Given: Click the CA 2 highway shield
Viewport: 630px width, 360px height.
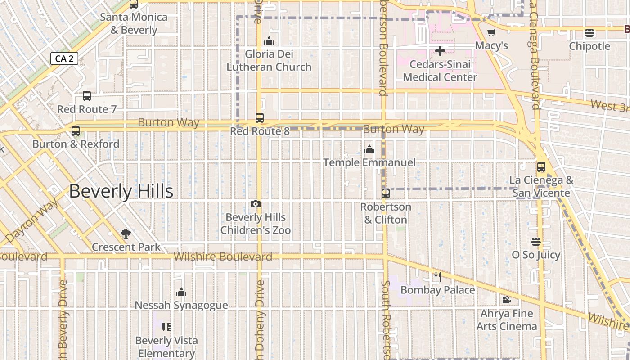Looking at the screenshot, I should pyautogui.click(x=64, y=58).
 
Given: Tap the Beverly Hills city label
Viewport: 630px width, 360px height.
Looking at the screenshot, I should pyautogui.click(x=121, y=191).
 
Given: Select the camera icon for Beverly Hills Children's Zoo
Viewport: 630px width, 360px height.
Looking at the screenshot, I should pyautogui.click(x=256, y=204).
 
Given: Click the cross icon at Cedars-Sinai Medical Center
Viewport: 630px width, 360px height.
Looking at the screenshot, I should pyautogui.click(x=440, y=51).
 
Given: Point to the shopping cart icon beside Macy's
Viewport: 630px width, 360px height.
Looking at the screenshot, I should pyautogui.click(x=491, y=33).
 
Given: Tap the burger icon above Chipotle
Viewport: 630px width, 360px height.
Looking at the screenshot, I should pyautogui.click(x=589, y=33).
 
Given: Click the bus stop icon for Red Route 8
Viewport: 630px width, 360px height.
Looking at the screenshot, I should pyautogui.click(x=260, y=118).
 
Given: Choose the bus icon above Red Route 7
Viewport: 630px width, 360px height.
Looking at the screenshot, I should pyautogui.click(x=87, y=96).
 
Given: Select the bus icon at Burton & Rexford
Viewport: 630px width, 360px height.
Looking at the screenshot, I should pyautogui.click(x=76, y=131).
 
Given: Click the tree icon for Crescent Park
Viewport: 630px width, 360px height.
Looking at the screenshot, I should pyautogui.click(x=126, y=234).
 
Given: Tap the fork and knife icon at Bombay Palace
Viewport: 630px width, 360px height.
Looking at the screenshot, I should pyautogui.click(x=438, y=277).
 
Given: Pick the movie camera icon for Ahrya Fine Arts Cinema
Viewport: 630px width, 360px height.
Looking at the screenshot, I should pyautogui.click(x=507, y=300).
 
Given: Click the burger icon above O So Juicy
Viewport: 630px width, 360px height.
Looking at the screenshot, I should pyautogui.click(x=535, y=242).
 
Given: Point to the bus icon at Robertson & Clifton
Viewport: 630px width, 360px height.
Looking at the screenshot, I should pyautogui.click(x=386, y=193).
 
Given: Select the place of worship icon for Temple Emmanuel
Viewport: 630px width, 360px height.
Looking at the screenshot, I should pyautogui.click(x=369, y=149).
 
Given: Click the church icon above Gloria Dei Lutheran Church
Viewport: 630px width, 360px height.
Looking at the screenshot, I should pyautogui.click(x=269, y=41).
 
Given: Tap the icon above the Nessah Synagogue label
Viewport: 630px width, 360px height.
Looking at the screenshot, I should pyautogui.click(x=181, y=292).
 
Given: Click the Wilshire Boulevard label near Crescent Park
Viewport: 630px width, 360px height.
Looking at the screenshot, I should pyautogui.click(x=223, y=257).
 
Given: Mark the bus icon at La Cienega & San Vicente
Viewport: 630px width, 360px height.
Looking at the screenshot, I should pyautogui.click(x=541, y=167).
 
